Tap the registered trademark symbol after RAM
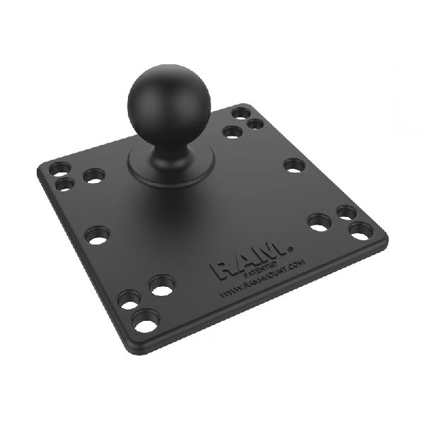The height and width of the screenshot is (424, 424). click(x=289, y=248)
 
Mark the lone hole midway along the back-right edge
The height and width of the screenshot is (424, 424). click(x=294, y=165)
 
